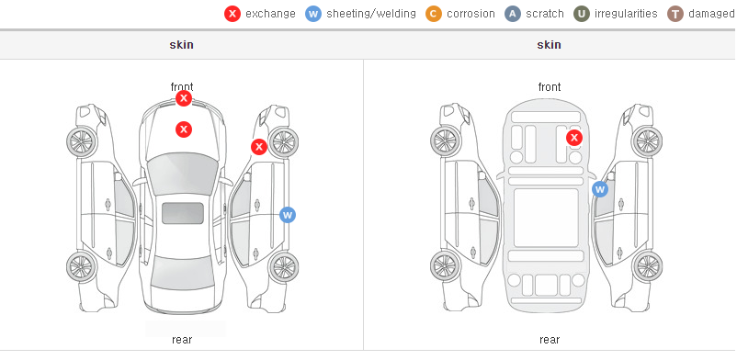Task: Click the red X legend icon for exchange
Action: [x=232, y=14]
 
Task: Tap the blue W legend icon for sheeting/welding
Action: [x=313, y=14]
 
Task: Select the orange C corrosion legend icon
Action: [x=434, y=14]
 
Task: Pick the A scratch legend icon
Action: [x=513, y=14]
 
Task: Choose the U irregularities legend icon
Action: [x=582, y=14]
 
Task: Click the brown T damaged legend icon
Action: [x=675, y=14]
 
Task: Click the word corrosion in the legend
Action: [x=471, y=14]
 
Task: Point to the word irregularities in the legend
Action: [x=626, y=14]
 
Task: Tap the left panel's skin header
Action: [x=181, y=45]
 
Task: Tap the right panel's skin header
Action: [x=549, y=45]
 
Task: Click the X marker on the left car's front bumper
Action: [x=184, y=98]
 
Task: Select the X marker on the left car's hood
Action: [x=184, y=129]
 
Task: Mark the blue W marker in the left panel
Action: [x=288, y=215]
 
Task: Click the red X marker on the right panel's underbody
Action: [x=574, y=138]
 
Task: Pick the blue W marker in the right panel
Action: [x=599, y=189]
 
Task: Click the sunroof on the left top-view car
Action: [x=183, y=213]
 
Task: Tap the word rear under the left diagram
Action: [x=182, y=340]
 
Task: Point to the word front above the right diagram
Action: [x=550, y=87]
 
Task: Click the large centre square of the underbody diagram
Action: [x=546, y=218]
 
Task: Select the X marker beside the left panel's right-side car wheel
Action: [x=258, y=147]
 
